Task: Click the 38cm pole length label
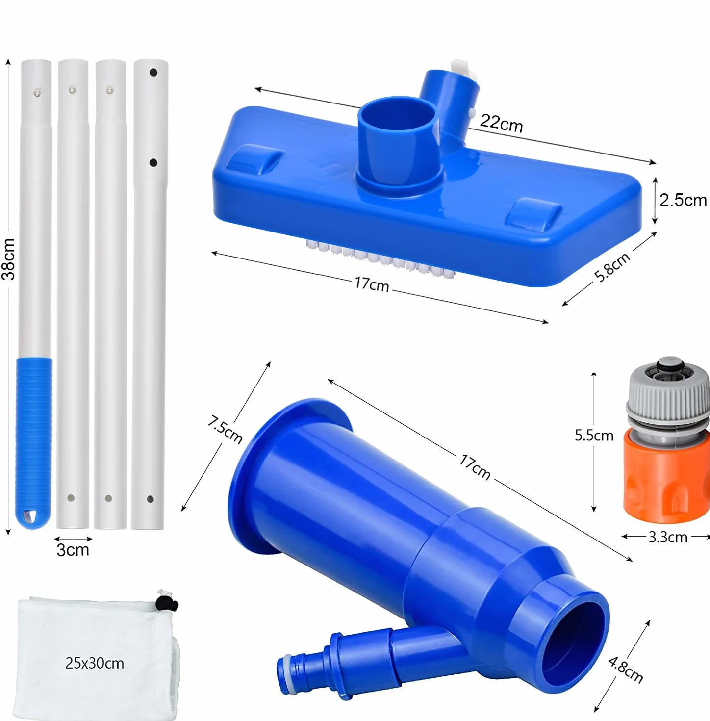pos(9,259)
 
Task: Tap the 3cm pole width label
pos(73,550)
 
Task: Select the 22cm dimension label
pos(501,123)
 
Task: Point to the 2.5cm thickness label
pos(683,200)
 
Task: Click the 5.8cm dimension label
pos(612,267)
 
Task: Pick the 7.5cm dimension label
pos(225,430)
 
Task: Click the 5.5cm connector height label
pos(594,436)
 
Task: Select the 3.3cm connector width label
pos(668,537)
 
